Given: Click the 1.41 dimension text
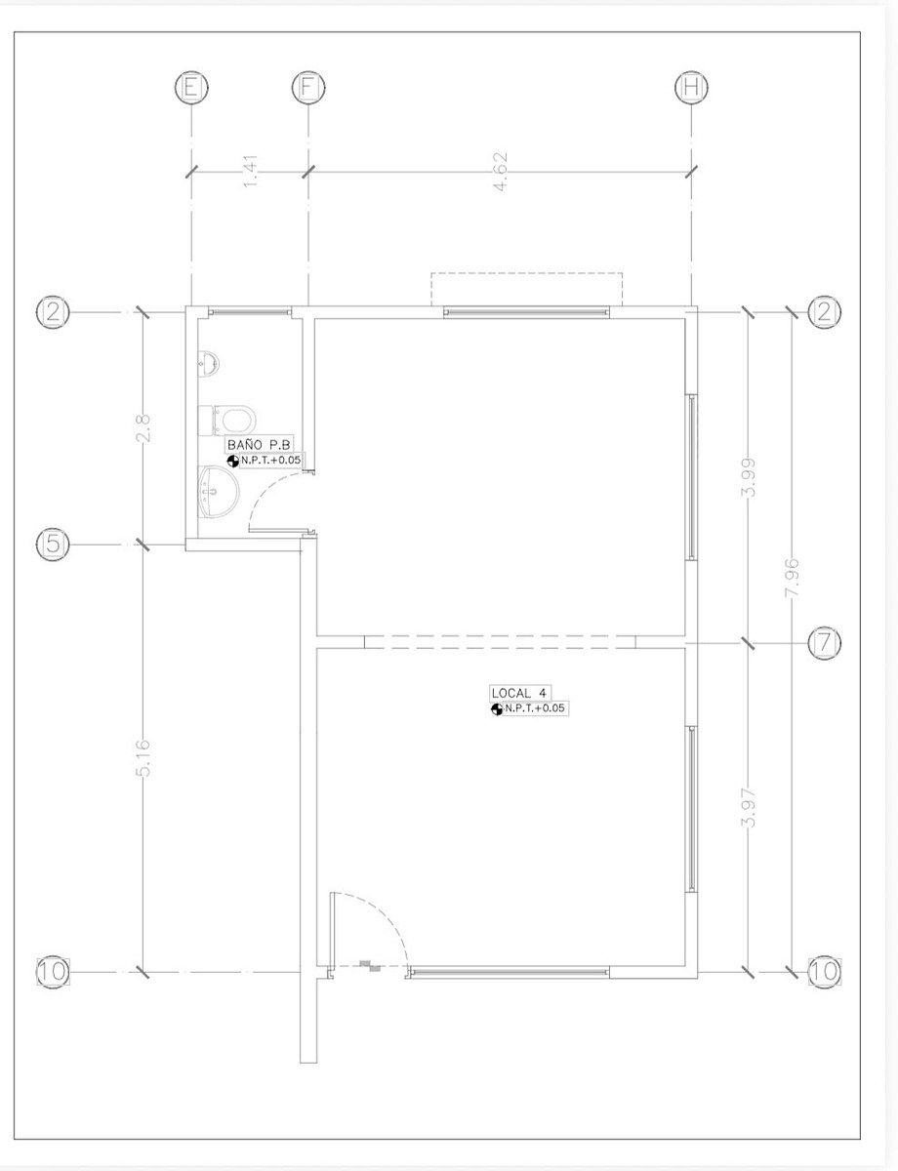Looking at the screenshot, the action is click(251, 172).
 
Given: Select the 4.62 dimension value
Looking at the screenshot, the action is click(500, 172).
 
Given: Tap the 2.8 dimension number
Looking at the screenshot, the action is click(144, 427).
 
